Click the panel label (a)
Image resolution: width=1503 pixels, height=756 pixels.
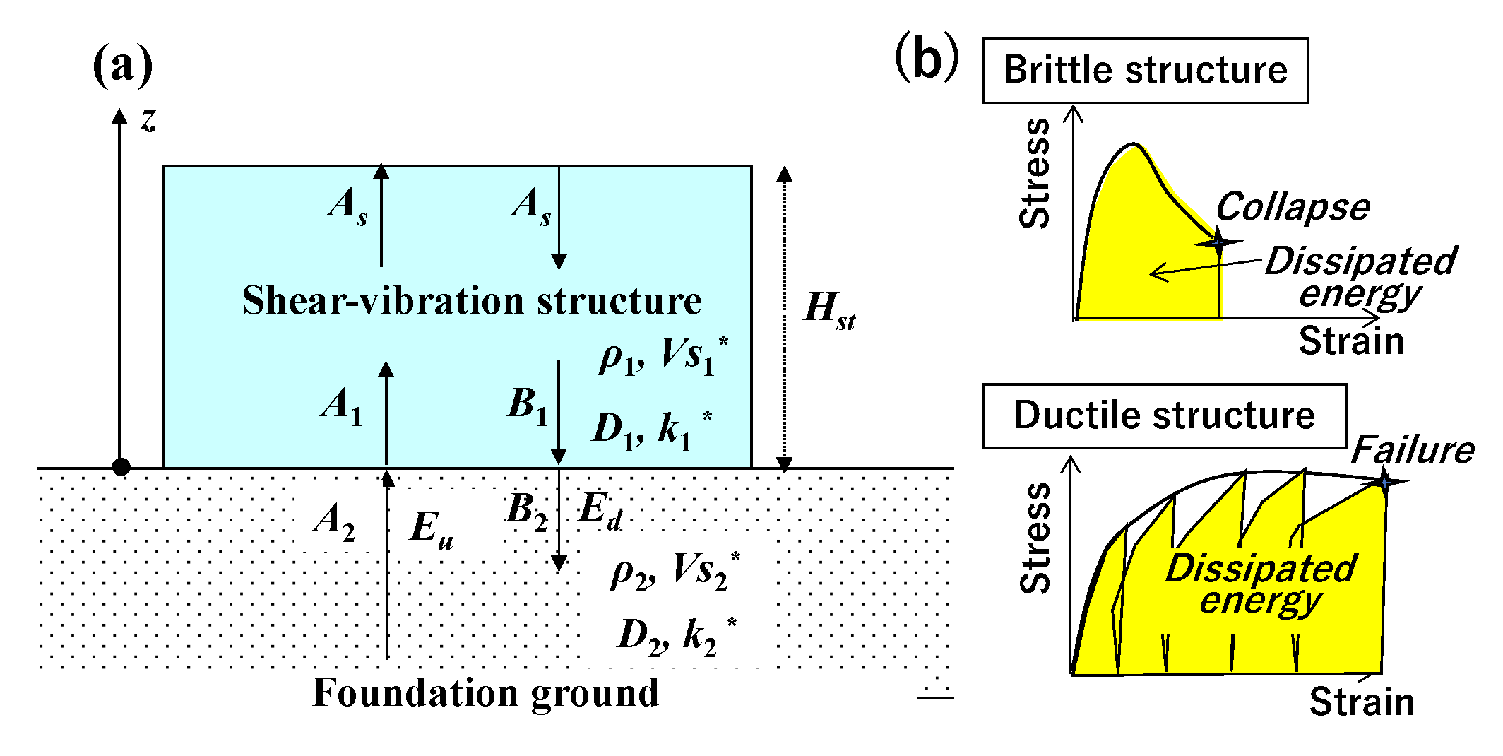pyautogui.click(x=122, y=64)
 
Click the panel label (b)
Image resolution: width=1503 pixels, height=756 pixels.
pyautogui.click(x=926, y=58)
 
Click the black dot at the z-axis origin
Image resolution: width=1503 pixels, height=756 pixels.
pyautogui.click(x=121, y=466)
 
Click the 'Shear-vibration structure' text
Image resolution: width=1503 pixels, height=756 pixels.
pyautogui.click(x=471, y=300)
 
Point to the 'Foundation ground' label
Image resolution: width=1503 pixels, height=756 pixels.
pyautogui.click(x=485, y=692)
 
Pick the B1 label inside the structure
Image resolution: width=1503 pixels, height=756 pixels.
pyautogui.click(x=527, y=406)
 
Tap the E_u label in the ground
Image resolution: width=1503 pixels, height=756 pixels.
pyautogui.click(x=430, y=528)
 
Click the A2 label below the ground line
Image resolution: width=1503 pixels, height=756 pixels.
pyautogui.click(x=333, y=521)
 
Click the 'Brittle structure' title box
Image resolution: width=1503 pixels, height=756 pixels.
pyautogui.click(x=1145, y=71)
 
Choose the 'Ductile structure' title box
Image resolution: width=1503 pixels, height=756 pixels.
pyautogui.click(x=1164, y=415)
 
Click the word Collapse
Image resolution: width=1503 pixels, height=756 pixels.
pyautogui.click(x=1293, y=207)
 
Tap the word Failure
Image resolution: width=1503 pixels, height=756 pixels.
pyautogui.click(x=1413, y=449)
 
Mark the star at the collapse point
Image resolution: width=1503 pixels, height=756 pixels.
pyautogui.click(x=1218, y=242)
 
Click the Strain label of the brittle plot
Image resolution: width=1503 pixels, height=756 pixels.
pyautogui.click(x=1350, y=341)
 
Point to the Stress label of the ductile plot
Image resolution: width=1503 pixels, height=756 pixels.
pyautogui.click(x=1035, y=538)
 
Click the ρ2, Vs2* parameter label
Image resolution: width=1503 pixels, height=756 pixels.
pyautogui.click(x=675, y=571)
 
